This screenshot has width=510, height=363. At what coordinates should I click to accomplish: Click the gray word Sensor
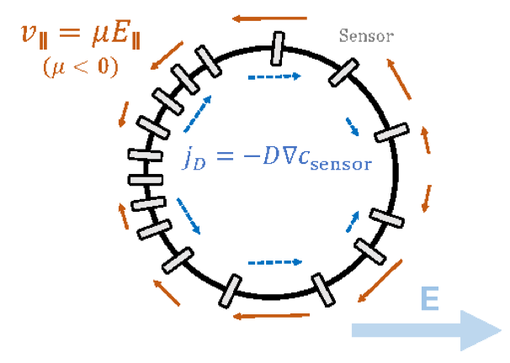[x=366, y=35]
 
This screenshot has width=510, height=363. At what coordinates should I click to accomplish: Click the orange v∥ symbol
[x=39, y=36]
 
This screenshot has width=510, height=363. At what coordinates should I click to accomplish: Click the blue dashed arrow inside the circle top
[x=274, y=76]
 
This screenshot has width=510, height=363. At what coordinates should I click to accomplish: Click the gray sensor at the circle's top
[x=276, y=50]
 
